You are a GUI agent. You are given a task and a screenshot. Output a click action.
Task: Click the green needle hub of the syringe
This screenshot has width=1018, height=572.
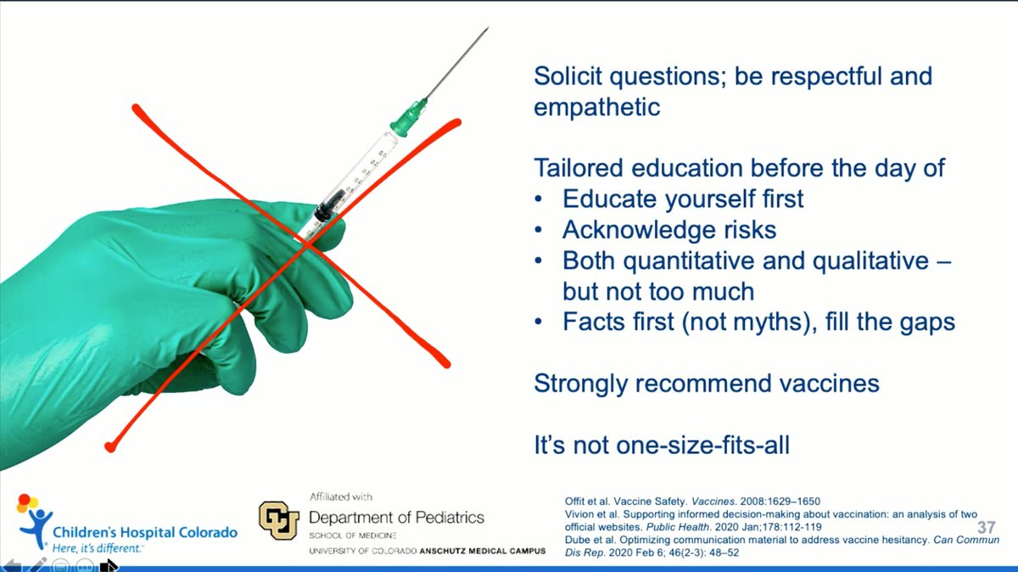408,117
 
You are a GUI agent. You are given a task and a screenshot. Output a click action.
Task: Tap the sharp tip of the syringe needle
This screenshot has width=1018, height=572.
488,28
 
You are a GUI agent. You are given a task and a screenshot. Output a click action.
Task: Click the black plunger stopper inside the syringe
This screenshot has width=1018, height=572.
329,205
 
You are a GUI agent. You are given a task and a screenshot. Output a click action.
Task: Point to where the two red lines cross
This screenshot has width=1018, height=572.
308,245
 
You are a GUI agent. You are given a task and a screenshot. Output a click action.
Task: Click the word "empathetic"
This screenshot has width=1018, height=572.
596,107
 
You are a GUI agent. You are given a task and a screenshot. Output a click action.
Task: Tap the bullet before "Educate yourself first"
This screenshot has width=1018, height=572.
539,199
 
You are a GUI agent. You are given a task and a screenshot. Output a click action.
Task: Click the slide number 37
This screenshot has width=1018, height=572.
986,527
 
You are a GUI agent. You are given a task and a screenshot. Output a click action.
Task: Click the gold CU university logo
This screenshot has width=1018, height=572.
279,520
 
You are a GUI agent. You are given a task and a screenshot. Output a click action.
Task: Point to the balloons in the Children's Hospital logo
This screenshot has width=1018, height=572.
27,503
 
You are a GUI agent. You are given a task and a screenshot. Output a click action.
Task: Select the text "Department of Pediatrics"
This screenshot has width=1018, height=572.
396,518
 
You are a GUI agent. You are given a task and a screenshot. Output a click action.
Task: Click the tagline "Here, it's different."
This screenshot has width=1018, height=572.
97,548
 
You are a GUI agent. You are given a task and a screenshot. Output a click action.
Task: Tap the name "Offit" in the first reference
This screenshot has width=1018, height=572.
573,501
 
